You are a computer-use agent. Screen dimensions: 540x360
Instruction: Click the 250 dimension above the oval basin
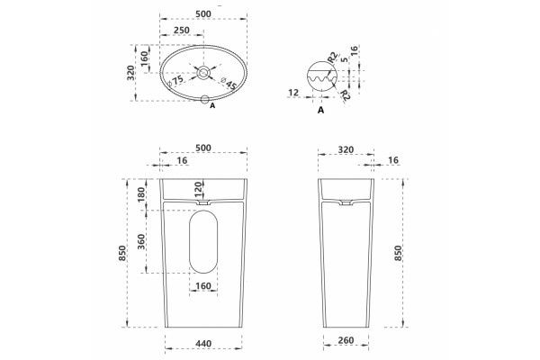(182, 30)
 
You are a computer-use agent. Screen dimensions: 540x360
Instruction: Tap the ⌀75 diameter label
(175, 81)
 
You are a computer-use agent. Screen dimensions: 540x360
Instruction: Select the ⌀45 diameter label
(229, 84)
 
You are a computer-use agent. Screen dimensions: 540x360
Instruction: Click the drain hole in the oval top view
(203, 73)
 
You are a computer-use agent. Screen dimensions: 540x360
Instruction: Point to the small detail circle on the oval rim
(205, 100)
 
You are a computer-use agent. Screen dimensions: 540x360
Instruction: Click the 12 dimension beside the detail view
(293, 93)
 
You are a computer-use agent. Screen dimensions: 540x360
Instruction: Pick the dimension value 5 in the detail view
(344, 60)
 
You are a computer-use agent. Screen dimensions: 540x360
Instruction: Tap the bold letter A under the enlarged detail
(321, 110)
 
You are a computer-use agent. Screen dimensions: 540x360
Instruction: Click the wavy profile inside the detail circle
(321, 82)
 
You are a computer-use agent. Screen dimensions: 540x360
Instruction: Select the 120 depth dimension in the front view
(198, 189)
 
